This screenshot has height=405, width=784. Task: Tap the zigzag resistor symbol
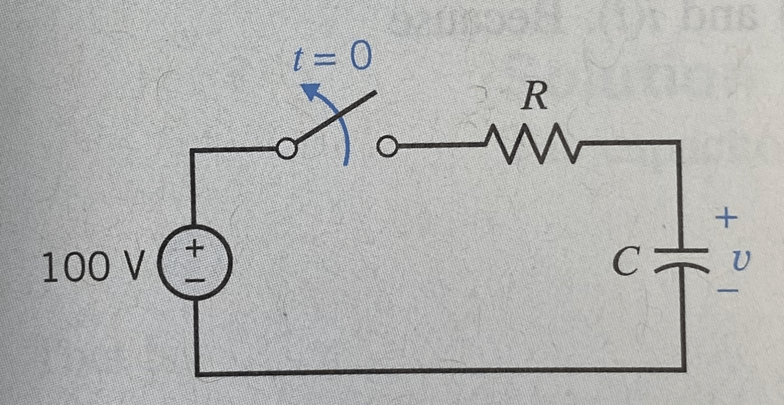(533, 143)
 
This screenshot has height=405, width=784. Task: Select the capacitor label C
(626, 261)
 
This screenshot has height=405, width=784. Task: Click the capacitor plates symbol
(681, 260)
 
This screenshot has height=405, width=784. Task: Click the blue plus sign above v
(727, 217)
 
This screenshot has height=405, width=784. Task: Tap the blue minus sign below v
(728, 290)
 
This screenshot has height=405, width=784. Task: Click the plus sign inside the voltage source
(194, 248)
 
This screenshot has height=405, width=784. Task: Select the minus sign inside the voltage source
(194, 280)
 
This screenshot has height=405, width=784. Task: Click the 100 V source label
(93, 266)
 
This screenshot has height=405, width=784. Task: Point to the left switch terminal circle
(287, 148)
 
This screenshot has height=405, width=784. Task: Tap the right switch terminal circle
(387, 146)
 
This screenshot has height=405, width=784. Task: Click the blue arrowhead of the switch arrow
(311, 90)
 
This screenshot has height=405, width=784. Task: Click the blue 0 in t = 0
(361, 55)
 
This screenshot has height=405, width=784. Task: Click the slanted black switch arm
(336, 117)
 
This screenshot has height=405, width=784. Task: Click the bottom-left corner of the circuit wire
(197, 373)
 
